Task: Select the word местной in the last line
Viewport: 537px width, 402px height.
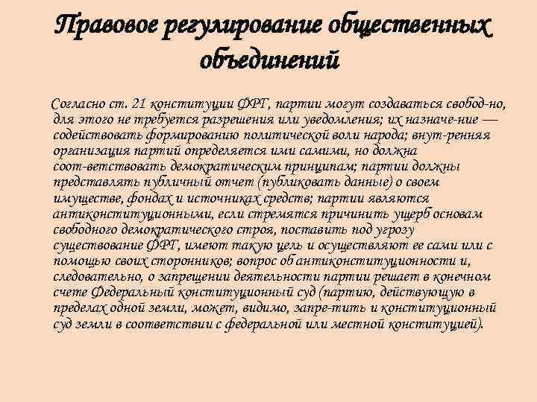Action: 364,325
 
